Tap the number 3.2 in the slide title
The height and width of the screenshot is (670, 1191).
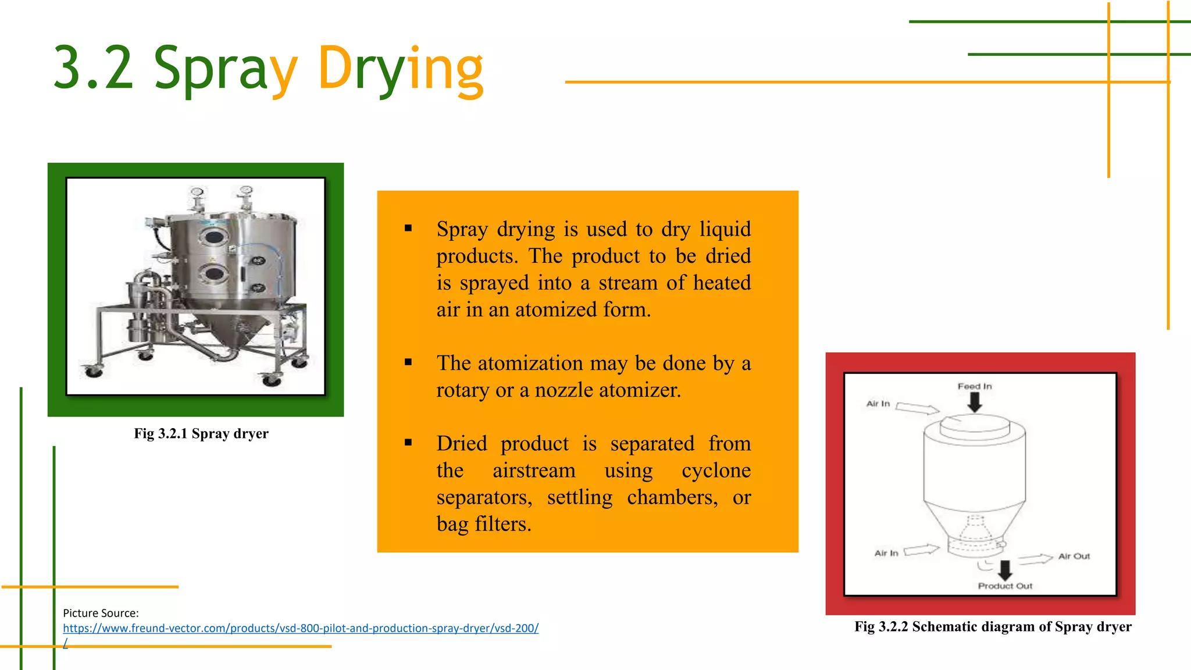point(93,69)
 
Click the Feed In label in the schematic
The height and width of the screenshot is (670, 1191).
point(975,386)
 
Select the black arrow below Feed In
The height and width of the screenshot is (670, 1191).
point(975,402)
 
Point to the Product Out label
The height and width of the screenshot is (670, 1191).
point(1005,586)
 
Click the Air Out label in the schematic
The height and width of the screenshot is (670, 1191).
point(1074,556)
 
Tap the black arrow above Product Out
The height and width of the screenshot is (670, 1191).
point(1004,569)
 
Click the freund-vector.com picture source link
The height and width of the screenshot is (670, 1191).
point(301,628)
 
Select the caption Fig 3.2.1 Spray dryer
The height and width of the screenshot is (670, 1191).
point(201,433)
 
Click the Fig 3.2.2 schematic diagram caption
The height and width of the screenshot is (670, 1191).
point(993,626)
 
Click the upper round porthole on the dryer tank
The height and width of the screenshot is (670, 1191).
point(214,236)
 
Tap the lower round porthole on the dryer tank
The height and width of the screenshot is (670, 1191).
point(215,273)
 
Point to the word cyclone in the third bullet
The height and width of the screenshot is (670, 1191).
point(716,470)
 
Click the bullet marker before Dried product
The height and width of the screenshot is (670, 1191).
point(408,443)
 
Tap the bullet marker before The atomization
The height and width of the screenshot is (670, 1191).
point(408,362)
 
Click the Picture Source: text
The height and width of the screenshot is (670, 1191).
point(101,613)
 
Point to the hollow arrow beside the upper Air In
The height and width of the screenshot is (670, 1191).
point(917,408)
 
